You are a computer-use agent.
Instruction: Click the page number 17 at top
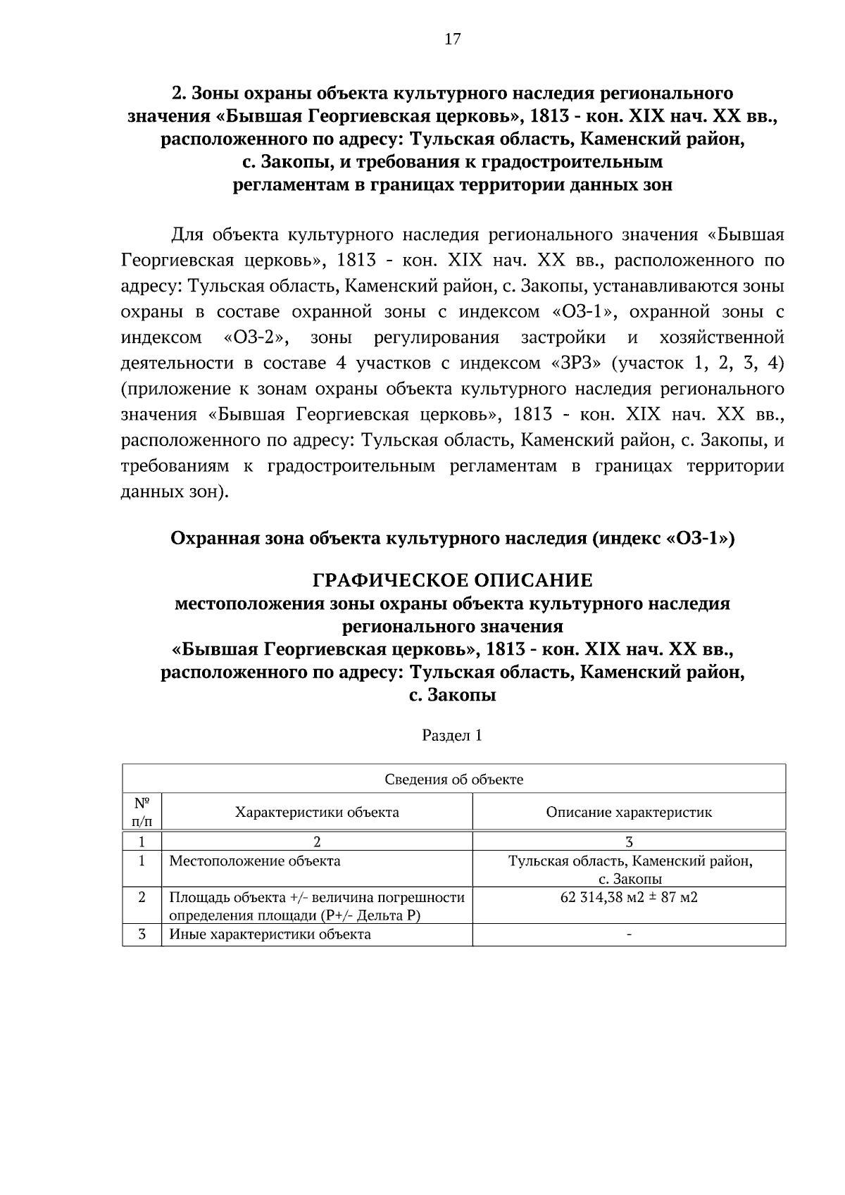[x=452, y=39]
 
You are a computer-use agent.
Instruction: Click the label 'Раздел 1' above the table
[x=452, y=735]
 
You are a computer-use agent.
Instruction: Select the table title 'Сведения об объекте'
[x=453, y=779]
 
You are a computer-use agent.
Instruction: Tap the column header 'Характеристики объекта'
[x=317, y=812]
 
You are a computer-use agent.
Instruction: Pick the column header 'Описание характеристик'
[x=629, y=812]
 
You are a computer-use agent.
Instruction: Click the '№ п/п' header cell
[x=142, y=811]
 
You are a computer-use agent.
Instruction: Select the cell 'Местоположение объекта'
[x=255, y=861]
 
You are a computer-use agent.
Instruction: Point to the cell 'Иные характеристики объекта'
[x=270, y=934]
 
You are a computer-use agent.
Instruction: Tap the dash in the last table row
[x=629, y=934]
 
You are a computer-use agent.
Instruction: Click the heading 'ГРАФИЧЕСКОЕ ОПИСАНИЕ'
[x=452, y=580]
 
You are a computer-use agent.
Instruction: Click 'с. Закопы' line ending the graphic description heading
[x=452, y=695]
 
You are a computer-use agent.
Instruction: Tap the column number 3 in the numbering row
[x=629, y=841]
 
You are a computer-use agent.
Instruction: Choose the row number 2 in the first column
[x=142, y=897]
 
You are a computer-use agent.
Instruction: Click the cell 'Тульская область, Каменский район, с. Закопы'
[x=630, y=870]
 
